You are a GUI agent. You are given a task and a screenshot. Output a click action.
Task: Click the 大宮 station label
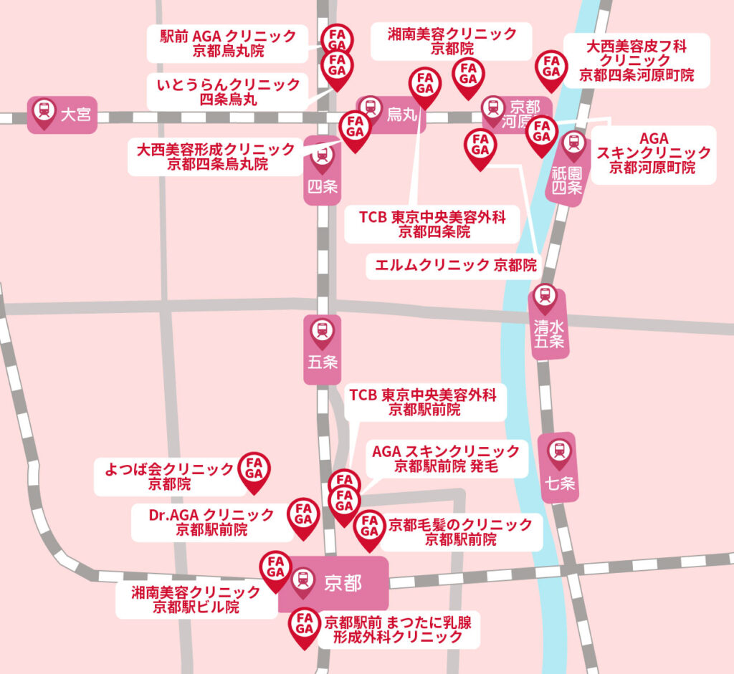[x=62, y=114]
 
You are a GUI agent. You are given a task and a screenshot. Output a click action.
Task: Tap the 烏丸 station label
[x=391, y=113]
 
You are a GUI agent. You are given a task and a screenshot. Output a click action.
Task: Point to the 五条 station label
[x=323, y=349]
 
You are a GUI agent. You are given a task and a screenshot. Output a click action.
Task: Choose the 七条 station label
[x=560, y=467]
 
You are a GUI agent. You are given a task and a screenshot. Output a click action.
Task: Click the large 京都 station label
[x=333, y=583]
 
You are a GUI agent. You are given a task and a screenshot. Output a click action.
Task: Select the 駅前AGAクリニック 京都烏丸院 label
[x=228, y=44]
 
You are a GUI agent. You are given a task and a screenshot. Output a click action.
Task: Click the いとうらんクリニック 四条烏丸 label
[x=228, y=92]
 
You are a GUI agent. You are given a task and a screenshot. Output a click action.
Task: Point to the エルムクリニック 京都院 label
[x=455, y=265]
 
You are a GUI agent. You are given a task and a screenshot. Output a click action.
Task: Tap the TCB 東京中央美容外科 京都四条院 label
[x=433, y=224]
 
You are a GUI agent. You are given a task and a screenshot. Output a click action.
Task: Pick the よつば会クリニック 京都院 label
[x=169, y=476]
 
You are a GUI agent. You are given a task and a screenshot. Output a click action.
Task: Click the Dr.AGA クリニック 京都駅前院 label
[x=211, y=522]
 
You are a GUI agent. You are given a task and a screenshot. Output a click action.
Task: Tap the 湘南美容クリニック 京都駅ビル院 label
[x=196, y=600]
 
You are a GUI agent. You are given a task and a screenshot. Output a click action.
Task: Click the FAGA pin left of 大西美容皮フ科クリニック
[x=551, y=67]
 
